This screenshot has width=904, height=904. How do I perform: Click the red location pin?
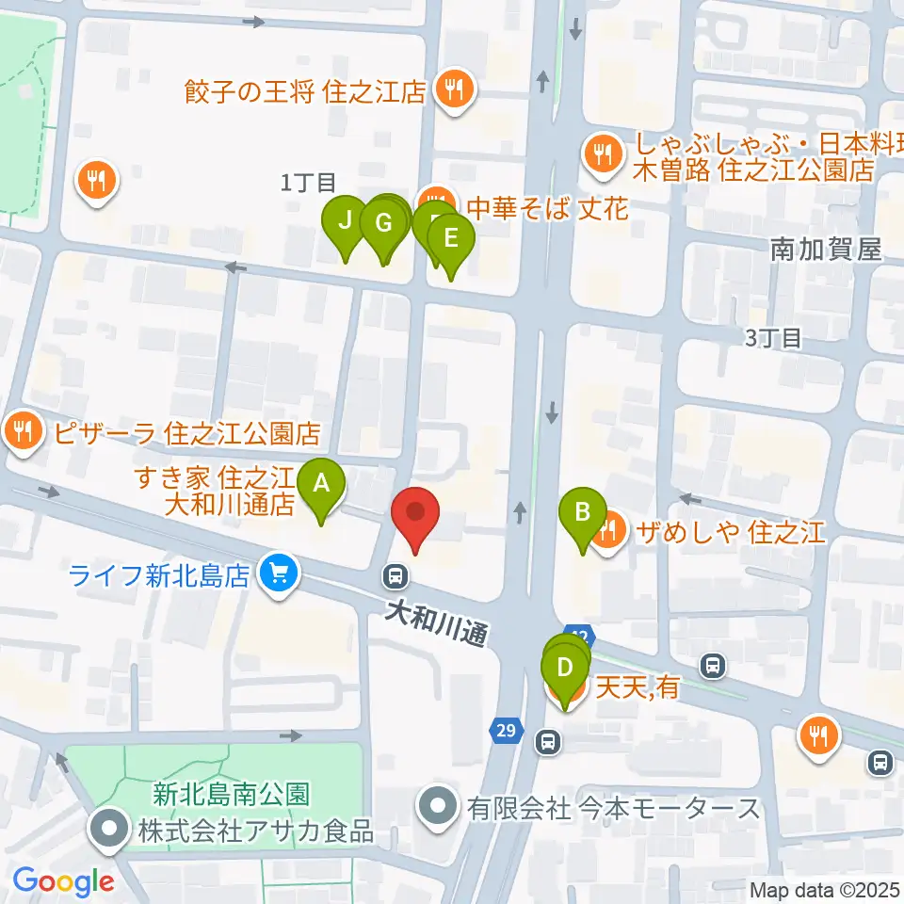415,519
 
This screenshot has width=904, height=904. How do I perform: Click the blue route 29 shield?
506,731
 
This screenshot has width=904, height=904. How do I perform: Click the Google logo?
64,881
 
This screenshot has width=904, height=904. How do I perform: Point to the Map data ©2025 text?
826,889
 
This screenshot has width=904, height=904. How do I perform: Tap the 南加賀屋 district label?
825,250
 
